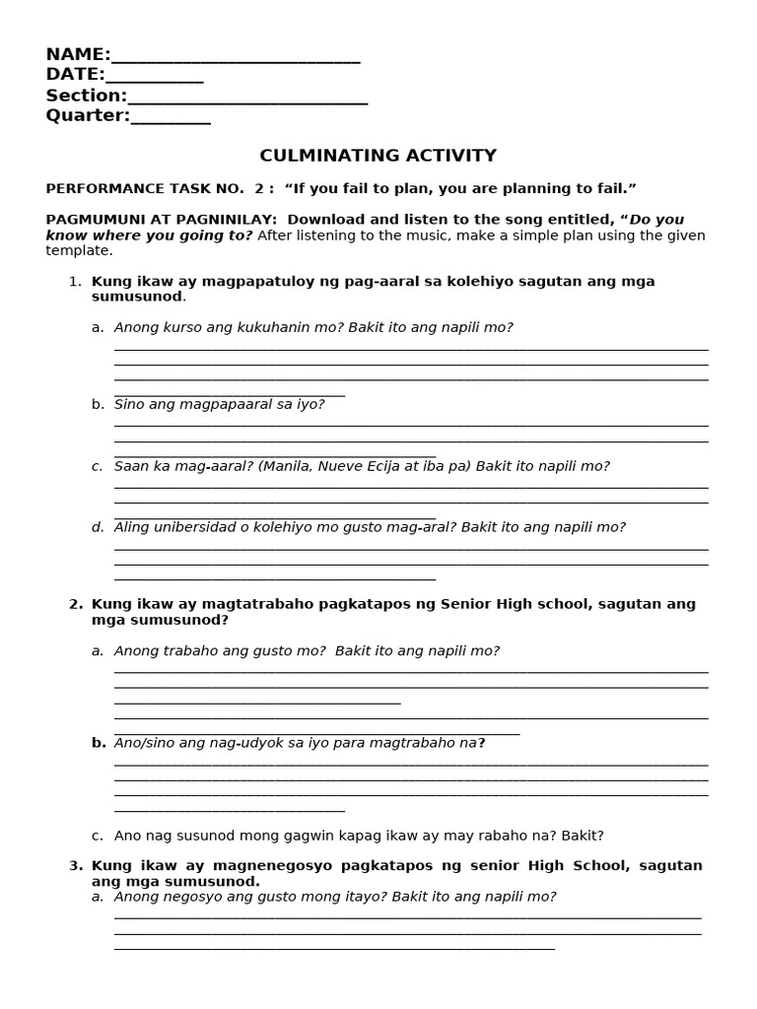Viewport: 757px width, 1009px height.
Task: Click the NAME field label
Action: (78, 54)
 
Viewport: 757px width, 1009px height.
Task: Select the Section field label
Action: (86, 96)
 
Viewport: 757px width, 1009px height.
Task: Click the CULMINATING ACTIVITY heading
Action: (378, 156)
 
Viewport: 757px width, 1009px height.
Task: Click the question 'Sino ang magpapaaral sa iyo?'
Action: (219, 404)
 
